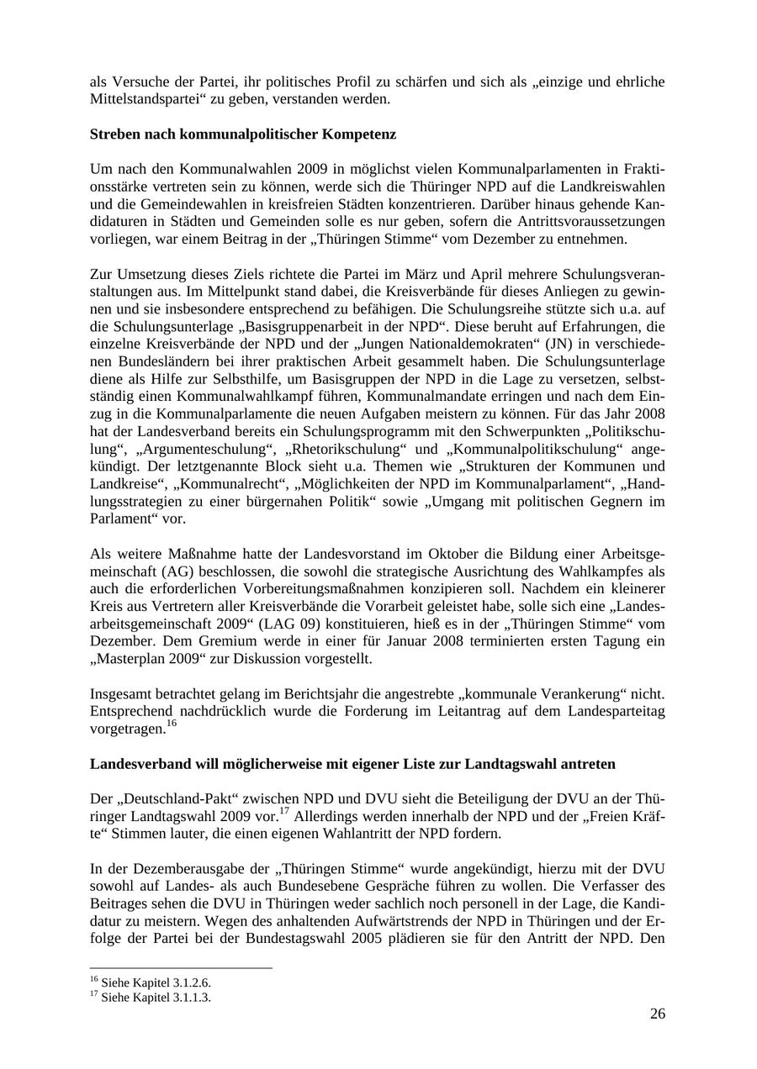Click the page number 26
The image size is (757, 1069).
click(x=657, y=1014)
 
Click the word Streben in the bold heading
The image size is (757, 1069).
click(x=114, y=134)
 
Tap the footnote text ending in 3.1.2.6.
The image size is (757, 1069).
click(x=151, y=982)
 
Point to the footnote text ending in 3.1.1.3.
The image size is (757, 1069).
click(x=151, y=998)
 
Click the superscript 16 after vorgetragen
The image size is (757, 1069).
click(x=171, y=723)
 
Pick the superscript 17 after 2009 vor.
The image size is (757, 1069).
click(x=284, y=811)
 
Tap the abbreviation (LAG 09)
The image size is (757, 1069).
click(x=306, y=624)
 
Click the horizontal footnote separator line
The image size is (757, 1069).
click(x=181, y=968)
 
